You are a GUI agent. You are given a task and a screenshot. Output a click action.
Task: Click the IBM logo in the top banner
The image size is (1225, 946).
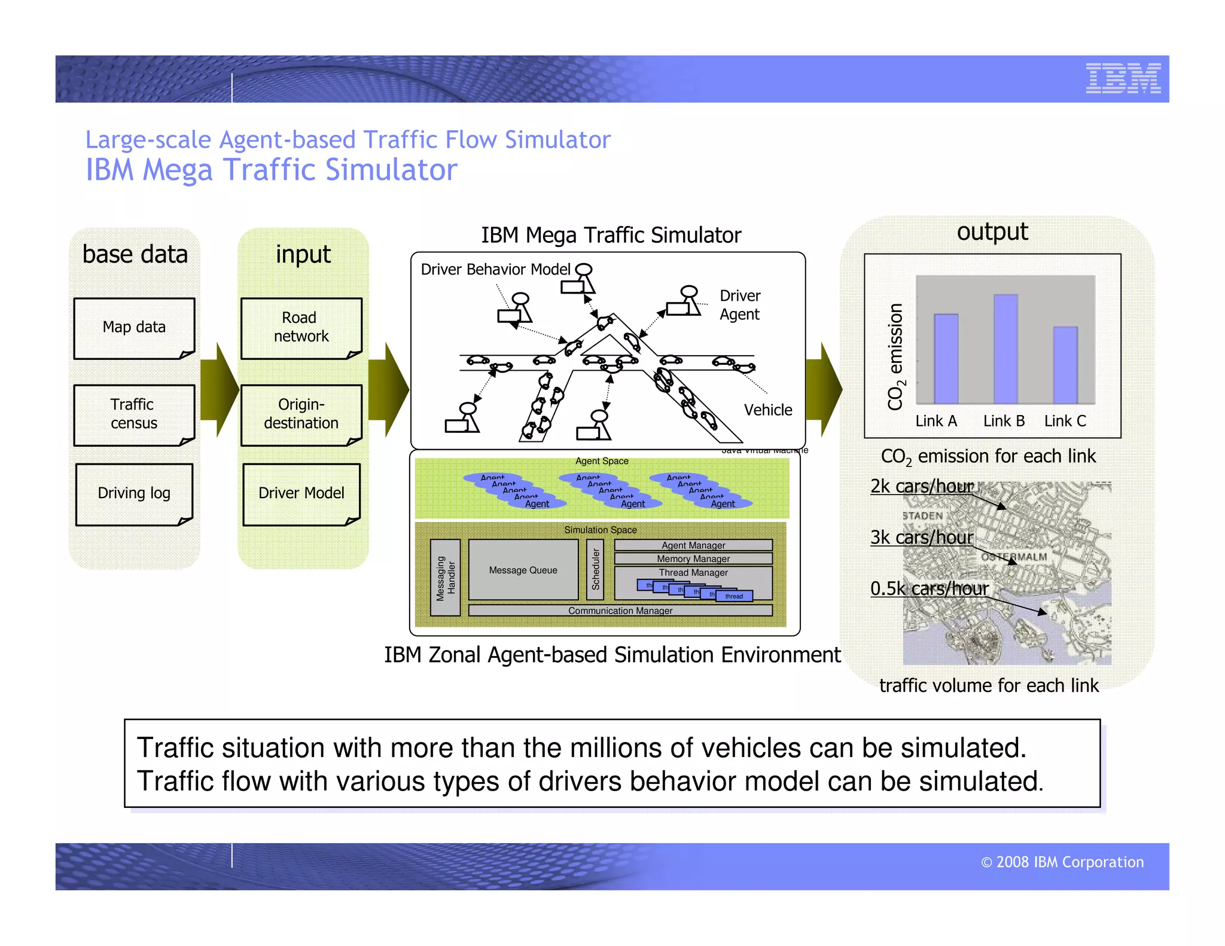pos(1123,78)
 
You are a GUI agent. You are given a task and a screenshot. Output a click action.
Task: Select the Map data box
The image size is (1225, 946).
pos(134,328)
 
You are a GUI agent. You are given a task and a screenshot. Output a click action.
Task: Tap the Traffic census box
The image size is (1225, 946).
pos(134,414)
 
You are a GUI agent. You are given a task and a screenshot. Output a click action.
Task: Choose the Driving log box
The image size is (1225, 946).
pos(134,494)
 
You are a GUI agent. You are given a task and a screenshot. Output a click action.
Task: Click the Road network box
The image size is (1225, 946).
pos(301,328)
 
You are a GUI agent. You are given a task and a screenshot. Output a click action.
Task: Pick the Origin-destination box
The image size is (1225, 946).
pos(301,414)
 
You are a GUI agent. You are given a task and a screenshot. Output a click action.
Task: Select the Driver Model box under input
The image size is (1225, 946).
pos(301,494)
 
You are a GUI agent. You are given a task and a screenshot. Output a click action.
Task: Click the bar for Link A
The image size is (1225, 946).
pos(946,358)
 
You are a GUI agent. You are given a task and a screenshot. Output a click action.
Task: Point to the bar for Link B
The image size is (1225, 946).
pos(1005,349)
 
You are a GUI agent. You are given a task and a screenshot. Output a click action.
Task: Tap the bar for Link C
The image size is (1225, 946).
pos(1065,365)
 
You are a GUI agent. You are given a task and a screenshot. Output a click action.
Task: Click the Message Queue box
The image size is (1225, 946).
pos(523,570)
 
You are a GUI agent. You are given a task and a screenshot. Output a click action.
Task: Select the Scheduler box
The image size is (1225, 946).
pos(595,570)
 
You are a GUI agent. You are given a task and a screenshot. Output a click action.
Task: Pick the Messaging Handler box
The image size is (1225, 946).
pos(445,578)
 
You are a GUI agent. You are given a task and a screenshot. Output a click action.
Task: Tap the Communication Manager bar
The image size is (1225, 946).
pos(620,611)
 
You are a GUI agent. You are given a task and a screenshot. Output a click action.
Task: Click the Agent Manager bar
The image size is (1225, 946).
pos(693,545)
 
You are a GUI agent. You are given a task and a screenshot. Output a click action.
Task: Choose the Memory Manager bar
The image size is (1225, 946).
pos(693,559)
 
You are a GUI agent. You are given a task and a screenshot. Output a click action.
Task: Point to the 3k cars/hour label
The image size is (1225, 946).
pos(921,538)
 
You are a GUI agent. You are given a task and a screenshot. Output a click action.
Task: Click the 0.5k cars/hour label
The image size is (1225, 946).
pos(929,588)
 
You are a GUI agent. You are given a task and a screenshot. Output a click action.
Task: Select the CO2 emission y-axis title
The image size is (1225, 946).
pos(895,357)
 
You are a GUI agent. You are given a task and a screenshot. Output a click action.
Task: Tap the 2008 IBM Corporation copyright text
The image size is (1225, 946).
pos(1062,862)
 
